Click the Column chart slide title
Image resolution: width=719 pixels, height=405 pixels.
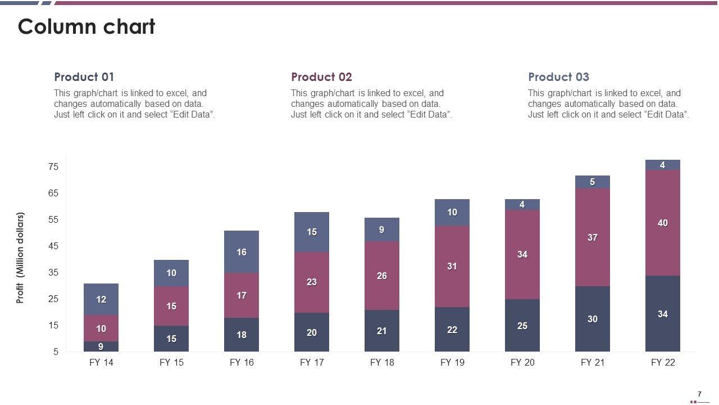(x=87, y=27)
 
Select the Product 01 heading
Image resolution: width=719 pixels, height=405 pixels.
(x=84, y=77)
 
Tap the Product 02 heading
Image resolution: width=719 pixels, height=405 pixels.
(x=321, y=77)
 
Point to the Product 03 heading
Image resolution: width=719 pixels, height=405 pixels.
(x=558, y=77)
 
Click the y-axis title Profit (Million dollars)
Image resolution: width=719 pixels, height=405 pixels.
(x=20, y=258)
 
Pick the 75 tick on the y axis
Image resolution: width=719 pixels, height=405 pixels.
(x=53, y=166)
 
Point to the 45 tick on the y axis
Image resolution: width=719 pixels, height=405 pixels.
(x=53, y=246)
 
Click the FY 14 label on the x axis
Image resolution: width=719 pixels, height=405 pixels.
(x=101, y=363)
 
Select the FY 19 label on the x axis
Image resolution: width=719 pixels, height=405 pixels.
(x=452, y=363)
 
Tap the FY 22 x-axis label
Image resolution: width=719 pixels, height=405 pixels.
(x=663, y=363)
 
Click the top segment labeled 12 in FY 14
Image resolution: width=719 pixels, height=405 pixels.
(x=101, y=299)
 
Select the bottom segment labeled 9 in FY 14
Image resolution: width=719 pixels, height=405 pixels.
(x=101, y=346)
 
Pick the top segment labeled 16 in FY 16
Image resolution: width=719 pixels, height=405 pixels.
(x=242, y=252)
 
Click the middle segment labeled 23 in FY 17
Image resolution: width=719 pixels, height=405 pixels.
(x=312, y=282)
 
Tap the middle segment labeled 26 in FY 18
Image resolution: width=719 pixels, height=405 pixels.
(x=382, y=276)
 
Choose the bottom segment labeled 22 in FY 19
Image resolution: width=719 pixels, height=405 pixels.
(x=452, y=330)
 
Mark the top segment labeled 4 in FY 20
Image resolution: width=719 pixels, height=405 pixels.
(x=522, y=205)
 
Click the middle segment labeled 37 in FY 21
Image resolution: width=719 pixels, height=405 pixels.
(x=593, y=237)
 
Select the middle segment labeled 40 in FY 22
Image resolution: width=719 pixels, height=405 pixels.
(x=663, y=223)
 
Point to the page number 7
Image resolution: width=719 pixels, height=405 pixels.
(x=699, y=394)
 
